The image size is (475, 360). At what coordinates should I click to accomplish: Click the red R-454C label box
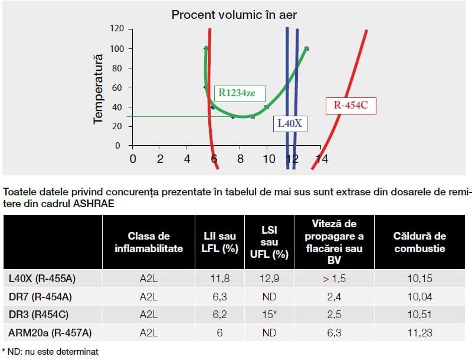pos(350,106)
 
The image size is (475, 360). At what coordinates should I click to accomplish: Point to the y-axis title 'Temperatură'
pos(99,89)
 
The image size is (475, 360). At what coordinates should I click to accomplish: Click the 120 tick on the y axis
pos(119,29)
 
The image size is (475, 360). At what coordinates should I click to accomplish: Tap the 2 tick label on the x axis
pos(160,159)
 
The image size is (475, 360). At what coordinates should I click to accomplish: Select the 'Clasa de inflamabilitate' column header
pos(149,243)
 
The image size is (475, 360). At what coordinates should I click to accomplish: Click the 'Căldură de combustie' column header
pos(420,243)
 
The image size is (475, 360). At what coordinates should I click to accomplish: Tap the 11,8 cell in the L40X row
pos(220,278)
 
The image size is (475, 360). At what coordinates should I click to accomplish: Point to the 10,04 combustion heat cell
pos(420,296)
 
